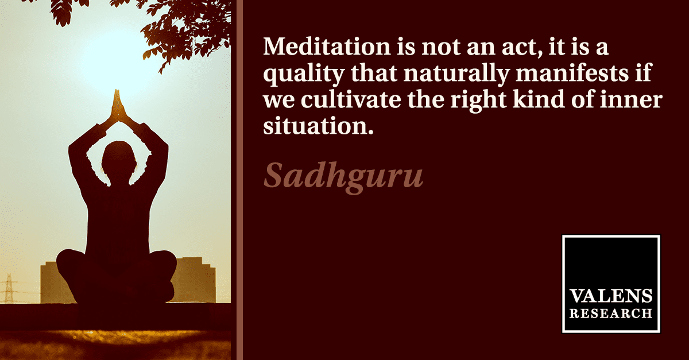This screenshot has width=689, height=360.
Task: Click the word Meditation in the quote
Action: coord(327,47)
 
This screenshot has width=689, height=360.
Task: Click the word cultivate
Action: coord(351,99)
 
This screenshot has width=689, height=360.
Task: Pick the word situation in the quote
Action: coord(318,126)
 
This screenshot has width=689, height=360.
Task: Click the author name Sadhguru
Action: coord(343,177)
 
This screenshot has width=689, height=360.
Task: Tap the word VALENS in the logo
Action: coord(610,296)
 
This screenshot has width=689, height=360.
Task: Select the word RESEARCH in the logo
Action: coord(610,313)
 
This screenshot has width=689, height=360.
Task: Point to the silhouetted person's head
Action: coord(119,161)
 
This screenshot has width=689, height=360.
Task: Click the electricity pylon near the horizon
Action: coord(9,289)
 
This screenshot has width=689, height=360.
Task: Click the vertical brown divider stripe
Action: coord(239,180)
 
